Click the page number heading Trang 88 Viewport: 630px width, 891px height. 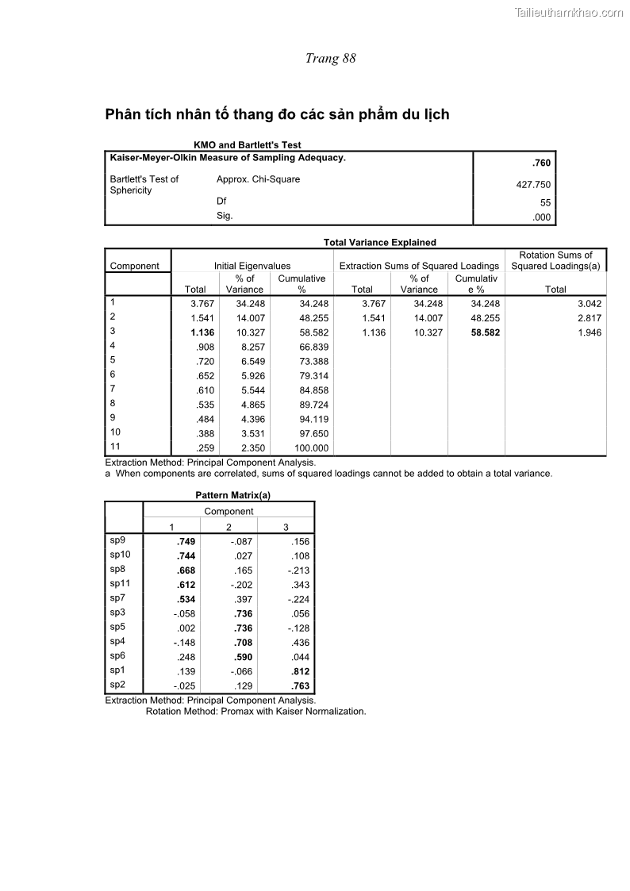pyautogui.click(x=330, y=59)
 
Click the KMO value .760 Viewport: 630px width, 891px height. pyautogui.click(x=541, y=163)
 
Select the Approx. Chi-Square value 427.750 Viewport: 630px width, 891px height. pyautogui.click(x=532, y=185)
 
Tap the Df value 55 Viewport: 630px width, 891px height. pyautogui.click(x=545, y=203)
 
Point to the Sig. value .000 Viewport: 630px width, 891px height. pyautogui.click(x=541, y=217)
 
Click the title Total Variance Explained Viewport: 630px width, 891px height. pyautogui.click(x=379, y=243)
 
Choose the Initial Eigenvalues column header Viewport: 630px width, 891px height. pyautogui.click(x=252, y=267)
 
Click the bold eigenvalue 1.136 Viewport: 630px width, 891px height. pyautogui.click(x=202, y=333)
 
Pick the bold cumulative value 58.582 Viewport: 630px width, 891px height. pyautogui.click(x=485, y=333)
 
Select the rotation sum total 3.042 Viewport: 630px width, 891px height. pyautogui.click(x=589, y=304)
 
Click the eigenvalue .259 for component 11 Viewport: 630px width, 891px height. pyautogui.click(x=206, y=448)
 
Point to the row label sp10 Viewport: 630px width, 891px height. pyautogui.click(x=120, y=555)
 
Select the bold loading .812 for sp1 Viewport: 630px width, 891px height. pyautogui.click(x=300, y=671)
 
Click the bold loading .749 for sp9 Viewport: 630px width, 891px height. pyautogui.click(x=186, y=542)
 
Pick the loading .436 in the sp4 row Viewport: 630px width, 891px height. pyautogui.click(x=300, y=643)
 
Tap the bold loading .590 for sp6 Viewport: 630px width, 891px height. pyautogui.click(x=243, y=657)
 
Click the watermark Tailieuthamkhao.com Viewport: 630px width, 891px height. pyautogui.click(x=568, y=12)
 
